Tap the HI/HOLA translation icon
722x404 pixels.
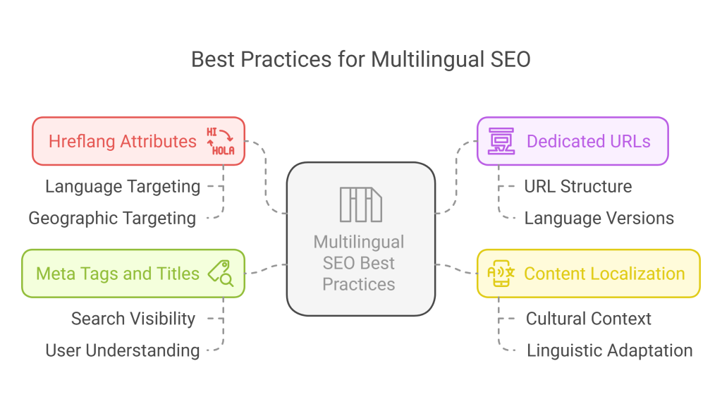click(x=221, y=142)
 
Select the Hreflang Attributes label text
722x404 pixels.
click(x=123, y=142)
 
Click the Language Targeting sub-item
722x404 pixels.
click(x=123, y=187)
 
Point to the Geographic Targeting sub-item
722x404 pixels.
click(x=112, y=219)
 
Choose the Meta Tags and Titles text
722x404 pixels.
click(x=118, y=274)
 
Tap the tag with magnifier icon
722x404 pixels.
click(x=221, y=274)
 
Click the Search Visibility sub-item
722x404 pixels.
click(x=133, y=319)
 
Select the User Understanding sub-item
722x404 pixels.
click(x=123, y=350)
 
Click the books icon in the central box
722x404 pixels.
click(x=360, y=204)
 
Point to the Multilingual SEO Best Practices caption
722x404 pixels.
click(x=359, y=263)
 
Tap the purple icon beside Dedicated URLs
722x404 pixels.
click(x=501, y=141)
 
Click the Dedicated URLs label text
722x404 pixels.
click(x=589, y=142)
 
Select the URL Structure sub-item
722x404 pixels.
click(x=578, y=187)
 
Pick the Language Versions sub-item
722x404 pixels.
click(x=599, y=219)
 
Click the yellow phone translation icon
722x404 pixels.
click(x=501, y=274)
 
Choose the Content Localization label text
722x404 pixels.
click(x=604, y=274)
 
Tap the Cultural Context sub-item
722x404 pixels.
click(x=589, y=319)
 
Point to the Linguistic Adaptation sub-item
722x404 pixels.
click(x=610, y=350)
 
